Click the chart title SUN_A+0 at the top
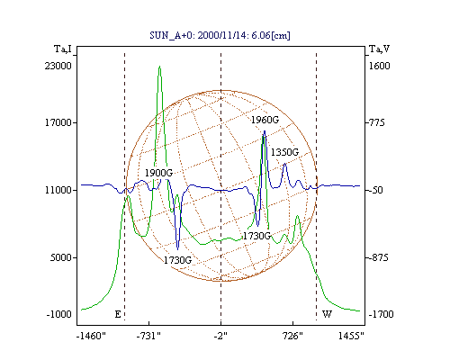pyautogui.click(x=220, y=35)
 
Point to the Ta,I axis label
pyautogui.click(x=63, y=49)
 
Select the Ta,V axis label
pyautogui.click(x=379, y=49)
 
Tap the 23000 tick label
pyautogui.click(x=58, y=66)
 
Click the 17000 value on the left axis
pyautogui.click(x=58, y=122)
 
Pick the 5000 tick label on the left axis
pyautogui.click(x=61, y=257)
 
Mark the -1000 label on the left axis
pyautogui.click(x=59, y=314)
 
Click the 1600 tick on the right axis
pyautogui.click(x=379, y=66)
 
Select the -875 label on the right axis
pyautogui.click(x=378, y=257)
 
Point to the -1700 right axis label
pyautogui.click(x=381, y=314)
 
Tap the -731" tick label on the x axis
pyautogui.click(x=148, y=336)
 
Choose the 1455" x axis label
pyautogui.click(x=351, y=336)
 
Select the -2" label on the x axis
pyautogui.click(x=220, y=336)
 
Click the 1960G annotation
pyautogui.click(x=265, y=120)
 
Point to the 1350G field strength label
pyautogui.click(x=284, y=152)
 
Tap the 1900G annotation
pyautogui.click(x=158, y=173)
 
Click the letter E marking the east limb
pyautogui.click(x=118, y=314)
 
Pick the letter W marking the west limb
pyautogui.click(x=327, y=314)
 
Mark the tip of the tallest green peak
pyautogui.click(x=159, y=66)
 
